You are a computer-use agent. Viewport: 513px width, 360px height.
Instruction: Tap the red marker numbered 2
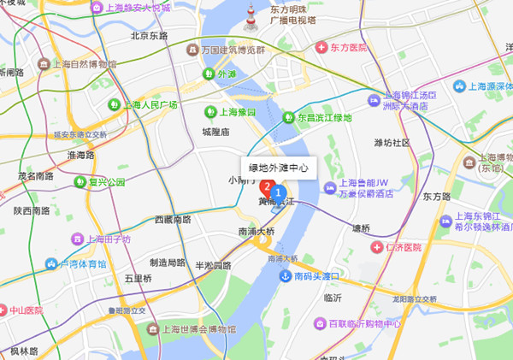266,186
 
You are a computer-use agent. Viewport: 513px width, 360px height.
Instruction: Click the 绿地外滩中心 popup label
278,168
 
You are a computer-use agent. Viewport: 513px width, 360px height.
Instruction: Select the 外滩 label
226,74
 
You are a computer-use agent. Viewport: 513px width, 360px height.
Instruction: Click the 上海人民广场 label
150,105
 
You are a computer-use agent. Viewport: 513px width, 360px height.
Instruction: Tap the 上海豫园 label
234,111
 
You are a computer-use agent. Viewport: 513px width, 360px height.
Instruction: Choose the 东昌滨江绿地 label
323,117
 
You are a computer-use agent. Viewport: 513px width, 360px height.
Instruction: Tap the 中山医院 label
29,310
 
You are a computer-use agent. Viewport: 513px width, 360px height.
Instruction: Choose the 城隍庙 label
215,133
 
